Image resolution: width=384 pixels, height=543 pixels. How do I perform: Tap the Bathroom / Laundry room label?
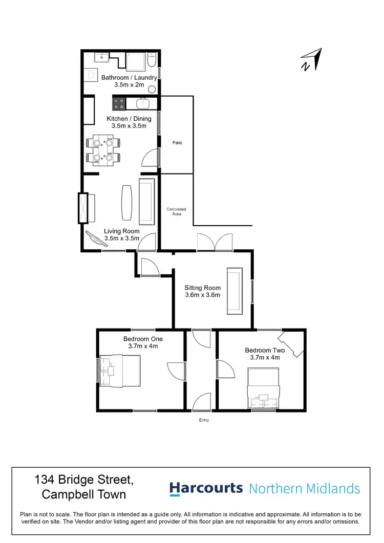tap(129, 78)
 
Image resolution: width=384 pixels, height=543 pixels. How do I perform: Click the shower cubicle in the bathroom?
tap(136, 62)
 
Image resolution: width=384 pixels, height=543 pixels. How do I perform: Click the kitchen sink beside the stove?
tap(143, 104)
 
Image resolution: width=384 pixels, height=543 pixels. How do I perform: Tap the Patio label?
tap(177, 143)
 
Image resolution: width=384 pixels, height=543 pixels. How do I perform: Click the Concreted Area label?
tap(176, 211)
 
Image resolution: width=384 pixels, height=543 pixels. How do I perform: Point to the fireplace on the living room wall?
tap(83, 208)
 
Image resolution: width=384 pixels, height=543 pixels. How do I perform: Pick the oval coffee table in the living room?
tap(126, 201)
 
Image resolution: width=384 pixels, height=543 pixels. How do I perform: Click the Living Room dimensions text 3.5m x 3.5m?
tap(121, 238)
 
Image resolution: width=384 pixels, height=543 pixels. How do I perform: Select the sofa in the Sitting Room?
tap(235, 291)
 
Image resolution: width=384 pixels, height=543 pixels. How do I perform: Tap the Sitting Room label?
tap(202, 288)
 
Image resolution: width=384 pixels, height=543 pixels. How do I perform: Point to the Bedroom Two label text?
tap(265, 351)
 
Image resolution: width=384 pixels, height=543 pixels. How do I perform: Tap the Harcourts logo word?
tap(206, 488)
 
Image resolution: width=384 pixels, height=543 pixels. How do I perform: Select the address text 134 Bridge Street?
tap(84, 481)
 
